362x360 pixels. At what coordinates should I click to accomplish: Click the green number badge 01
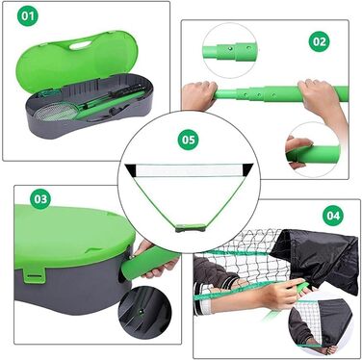[x=28, y=15]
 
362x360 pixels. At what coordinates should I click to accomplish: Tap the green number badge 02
[x=320, y=41]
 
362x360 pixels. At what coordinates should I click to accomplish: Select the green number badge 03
[x=40, y=199]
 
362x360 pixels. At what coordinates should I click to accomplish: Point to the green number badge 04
[x=333, y=216]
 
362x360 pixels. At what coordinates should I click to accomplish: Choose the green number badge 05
[x=189, y=140]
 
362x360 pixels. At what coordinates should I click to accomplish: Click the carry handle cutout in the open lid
[x=80, y=46]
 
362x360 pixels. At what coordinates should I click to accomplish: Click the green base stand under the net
[x=191, y=228]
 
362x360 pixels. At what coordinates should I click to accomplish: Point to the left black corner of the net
[x=131, y=169]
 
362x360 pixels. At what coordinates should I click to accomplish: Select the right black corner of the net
[x=247, y=168]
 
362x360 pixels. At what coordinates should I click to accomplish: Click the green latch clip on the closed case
[x=34, y=276]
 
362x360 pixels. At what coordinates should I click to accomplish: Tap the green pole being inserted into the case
[x=147, y=263]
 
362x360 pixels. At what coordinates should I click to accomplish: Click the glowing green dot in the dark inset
[x=141, y=311]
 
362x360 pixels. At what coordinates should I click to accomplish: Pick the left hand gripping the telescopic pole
[x=199, y=95]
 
